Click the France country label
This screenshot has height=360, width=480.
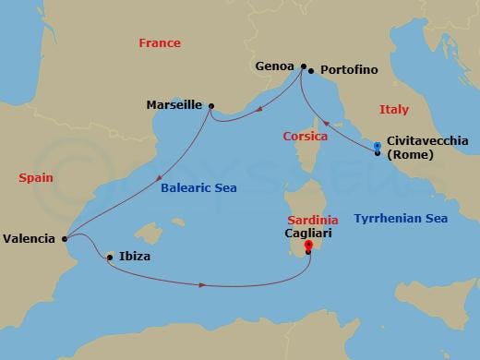[x=159, y=43]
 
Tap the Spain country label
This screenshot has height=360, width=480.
[x=35, y=177]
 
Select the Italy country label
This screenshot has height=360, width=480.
[x=393, y=110]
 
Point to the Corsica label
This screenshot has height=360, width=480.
[x=305, y=137]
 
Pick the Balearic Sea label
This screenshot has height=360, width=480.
[x=200, y=187]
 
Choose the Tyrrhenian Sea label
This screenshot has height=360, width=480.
[x=401, y=219]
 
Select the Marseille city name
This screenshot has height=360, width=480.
[x=174, y=105]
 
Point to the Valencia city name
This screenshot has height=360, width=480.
[x=29, y=238]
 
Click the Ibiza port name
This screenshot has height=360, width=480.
[x=134, y=257]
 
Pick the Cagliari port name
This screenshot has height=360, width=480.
[x=308, y=235]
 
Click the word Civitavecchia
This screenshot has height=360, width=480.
[x=427, y=140]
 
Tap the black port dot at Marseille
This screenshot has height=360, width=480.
[x=211, y=106]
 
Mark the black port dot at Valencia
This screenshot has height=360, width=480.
[x=64, y=239]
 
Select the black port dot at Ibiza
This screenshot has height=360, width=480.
[x=110, y=257]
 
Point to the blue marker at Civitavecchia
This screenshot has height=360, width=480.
[x=377, y=148]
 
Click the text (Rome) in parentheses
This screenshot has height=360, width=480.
[x=410, y=154]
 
